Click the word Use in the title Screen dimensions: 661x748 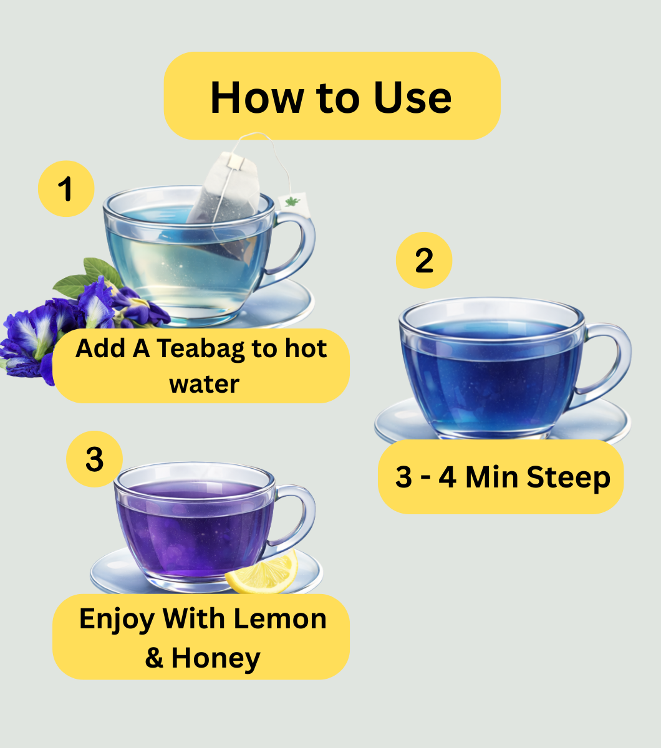(413, 97)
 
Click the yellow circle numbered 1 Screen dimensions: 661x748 (66, 189)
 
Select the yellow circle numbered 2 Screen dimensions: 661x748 (424, 261)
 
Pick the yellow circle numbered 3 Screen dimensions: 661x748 (94, 459)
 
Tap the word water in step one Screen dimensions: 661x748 (205, 385)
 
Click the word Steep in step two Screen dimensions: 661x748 (568, 477)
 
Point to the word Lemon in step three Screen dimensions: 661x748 (280, 619)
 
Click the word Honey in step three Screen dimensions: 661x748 (216, 658)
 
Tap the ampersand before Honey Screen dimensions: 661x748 (154, 658)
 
